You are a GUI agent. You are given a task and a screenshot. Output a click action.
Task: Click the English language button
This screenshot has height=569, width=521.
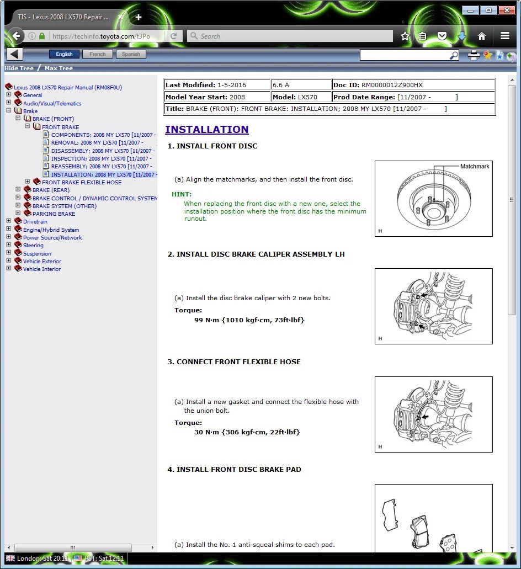[x=64, y=54]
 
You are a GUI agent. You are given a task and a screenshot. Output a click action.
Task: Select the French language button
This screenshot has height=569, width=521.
[x=98, y=54]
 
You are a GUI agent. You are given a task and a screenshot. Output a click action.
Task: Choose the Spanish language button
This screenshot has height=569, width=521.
[x=131, y=54]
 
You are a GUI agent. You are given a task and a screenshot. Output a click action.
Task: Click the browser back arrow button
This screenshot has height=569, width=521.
[x=16, y=36]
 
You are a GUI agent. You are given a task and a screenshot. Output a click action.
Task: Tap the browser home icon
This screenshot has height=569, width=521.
[x=482, y=36]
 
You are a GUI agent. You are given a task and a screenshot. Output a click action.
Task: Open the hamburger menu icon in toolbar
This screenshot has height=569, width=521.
[x=504, y=36]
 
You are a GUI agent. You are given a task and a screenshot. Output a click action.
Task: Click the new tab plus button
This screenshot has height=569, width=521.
[x=138, y=17]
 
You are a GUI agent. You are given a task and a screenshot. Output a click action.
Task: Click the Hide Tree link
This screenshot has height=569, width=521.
[x=19, y=68]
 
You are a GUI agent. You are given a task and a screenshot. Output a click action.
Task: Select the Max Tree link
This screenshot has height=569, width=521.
[x=59, y=68]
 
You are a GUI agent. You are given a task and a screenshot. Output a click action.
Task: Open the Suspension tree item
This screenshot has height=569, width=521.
[x=37, y=254]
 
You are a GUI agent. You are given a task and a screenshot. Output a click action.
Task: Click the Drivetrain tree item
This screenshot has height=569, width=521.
[x=35, y=222]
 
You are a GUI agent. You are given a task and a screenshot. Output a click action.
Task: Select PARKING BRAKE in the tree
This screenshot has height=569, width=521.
[x=54, y=214]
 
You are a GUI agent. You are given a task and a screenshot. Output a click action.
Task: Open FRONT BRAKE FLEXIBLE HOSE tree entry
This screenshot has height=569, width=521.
[x=82, y=182]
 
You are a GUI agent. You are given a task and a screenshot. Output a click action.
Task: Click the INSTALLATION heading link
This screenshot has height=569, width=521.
[x=206, y=130]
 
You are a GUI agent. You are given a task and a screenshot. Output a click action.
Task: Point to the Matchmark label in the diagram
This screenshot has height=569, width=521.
[x=475, y=166]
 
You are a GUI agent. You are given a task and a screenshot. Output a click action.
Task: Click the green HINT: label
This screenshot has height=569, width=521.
[x=182, y=194]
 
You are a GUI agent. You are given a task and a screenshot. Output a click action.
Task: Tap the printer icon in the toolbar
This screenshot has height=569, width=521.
[x=474, y=55]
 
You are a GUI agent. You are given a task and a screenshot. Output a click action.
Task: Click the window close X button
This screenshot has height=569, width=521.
[x=506, y=10]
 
